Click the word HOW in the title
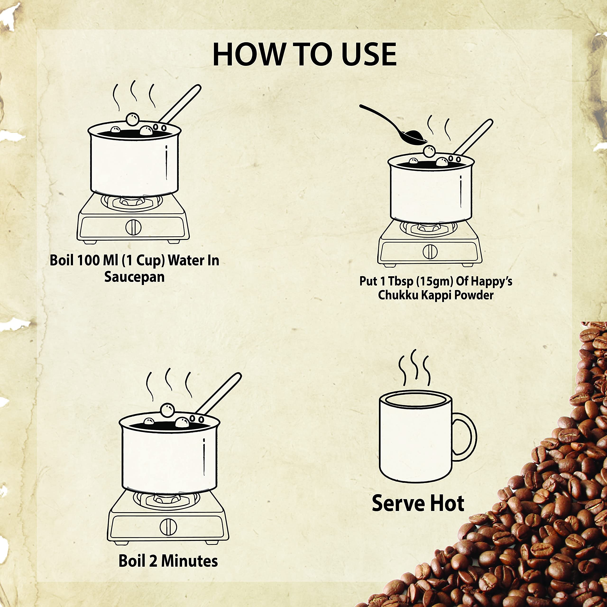(248, 55)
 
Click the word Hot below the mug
(447, 503)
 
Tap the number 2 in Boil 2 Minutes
(153, 561)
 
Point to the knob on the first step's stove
(133, 227)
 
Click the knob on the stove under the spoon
(430, 251)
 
